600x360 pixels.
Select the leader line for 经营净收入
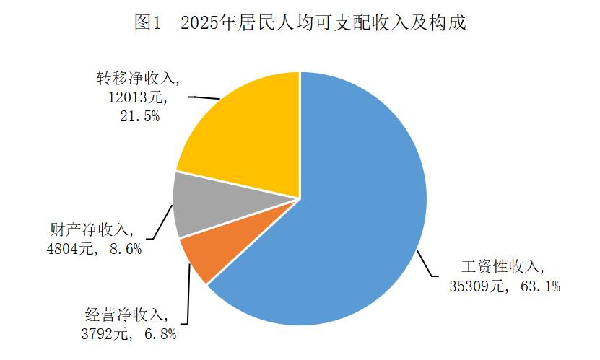(x=188, y=303)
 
